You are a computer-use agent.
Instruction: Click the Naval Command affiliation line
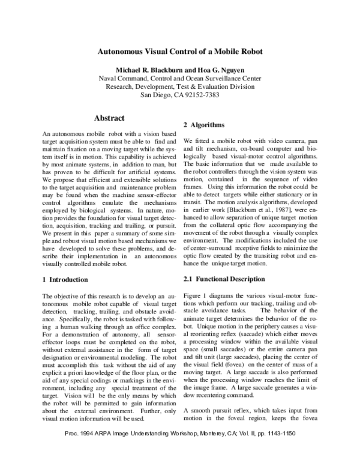(x=179, y=78)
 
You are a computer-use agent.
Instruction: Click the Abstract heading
(x=109, y=118)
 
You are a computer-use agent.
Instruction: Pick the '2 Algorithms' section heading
(x=208, y=125)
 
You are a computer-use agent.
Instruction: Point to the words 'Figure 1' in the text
(x=196, y=296)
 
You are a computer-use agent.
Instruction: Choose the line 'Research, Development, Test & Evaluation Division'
(x=179, y=86)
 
